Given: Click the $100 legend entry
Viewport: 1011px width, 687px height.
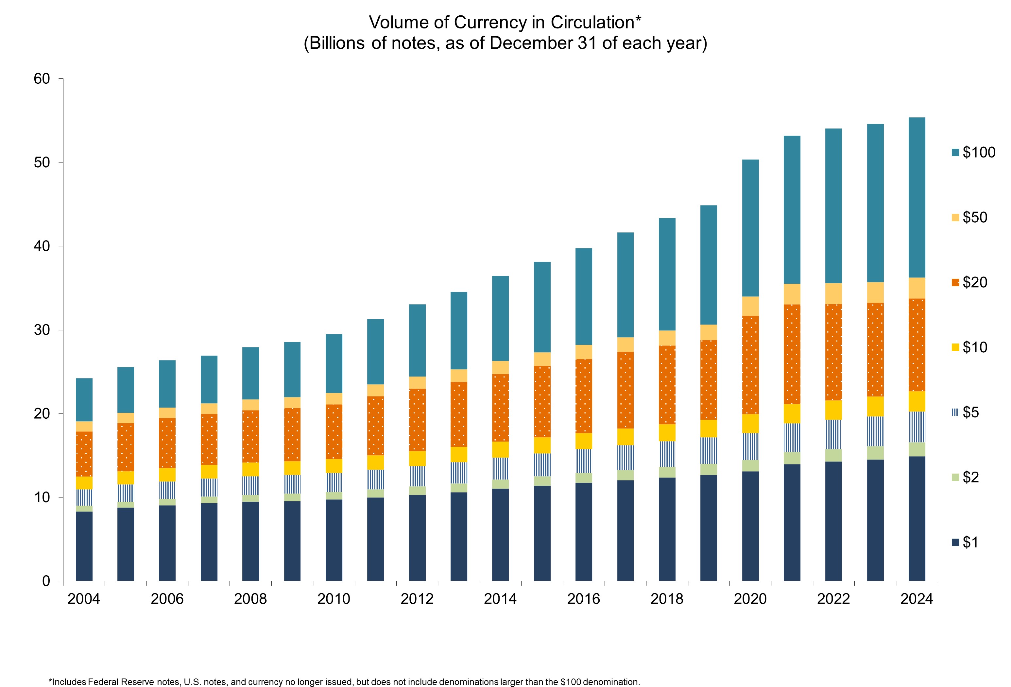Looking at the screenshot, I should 973,152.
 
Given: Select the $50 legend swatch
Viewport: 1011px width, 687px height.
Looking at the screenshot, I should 955,217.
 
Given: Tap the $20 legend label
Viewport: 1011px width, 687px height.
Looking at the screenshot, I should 975,282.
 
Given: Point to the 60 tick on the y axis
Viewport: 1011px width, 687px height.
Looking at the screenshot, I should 42,79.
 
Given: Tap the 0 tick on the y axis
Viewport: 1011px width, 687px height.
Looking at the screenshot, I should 46,581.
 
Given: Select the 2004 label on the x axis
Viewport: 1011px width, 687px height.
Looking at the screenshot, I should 84,599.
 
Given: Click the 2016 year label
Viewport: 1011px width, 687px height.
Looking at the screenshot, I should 583,599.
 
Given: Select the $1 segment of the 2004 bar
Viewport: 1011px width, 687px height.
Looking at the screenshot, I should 84,546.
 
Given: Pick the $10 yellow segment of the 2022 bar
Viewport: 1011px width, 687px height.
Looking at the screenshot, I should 833,410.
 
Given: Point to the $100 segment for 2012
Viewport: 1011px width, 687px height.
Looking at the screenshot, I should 417,341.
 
